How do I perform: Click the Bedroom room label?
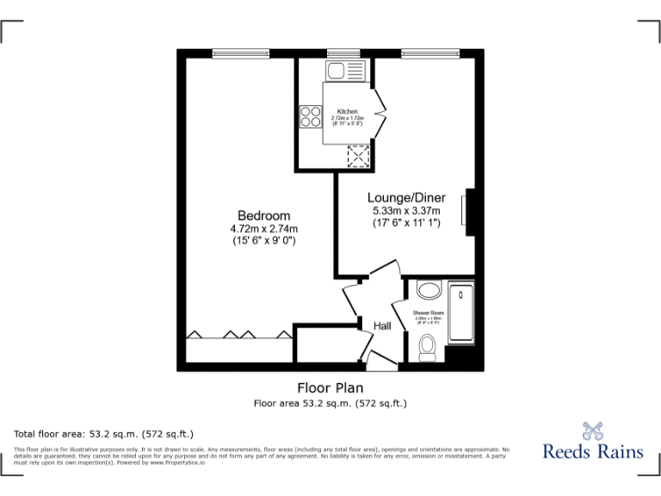point(263,215)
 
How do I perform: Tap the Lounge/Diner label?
point(406,197)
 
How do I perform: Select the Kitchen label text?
point(348,112)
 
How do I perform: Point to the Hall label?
point(382,326)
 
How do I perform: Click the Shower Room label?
point(428,313)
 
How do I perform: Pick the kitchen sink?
point(335,70)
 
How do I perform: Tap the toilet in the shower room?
point(427,347)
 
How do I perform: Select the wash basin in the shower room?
point(427,288)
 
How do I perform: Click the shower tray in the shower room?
point(462,313)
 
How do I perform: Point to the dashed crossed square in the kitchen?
point(356,156)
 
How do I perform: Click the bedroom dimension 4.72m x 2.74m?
point(263,229)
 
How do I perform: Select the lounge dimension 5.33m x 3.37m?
point(406,211)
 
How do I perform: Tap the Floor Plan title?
point(330,387)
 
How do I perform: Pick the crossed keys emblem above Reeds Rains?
point(592,431)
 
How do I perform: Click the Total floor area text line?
point(104,433)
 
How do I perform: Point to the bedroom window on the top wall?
point(241,54)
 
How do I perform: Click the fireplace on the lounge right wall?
point(466,213)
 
